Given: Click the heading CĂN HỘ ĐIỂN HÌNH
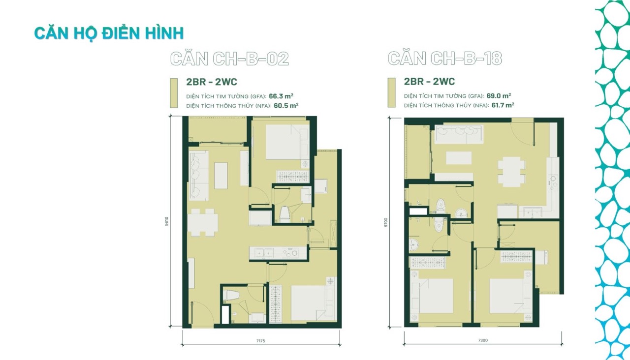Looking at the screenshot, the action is tap(109, 33).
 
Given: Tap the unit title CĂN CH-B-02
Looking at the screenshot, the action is tap(229, 59).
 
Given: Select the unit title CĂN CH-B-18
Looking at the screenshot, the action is tap(445, 58).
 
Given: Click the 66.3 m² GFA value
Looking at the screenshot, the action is tap(281, 96).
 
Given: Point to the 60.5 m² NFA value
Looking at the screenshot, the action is tap(286, 106).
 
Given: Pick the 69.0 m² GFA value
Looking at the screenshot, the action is tap(499, 95).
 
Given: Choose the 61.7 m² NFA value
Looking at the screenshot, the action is tap(503, 105).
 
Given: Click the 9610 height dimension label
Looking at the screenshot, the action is tap(167, 221).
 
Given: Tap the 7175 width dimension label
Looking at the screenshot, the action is tap(260, 341).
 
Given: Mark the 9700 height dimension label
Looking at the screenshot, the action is tap(386, 222).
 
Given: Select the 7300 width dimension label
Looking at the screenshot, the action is tap(483, 340).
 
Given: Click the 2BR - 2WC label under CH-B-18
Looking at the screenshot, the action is tap(429, 82).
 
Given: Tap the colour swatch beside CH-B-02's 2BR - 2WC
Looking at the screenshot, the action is tap(174, 93).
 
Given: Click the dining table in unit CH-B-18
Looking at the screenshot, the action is tap(511, 172).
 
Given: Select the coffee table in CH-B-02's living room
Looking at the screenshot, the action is tap(221, 176).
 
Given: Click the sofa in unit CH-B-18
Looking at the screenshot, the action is tap(459, 134).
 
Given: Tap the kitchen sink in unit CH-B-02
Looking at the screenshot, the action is tap(264, 253).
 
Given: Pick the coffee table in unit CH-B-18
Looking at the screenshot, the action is tap(459, 158).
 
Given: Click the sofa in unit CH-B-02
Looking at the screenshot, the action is tap(199, 176).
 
